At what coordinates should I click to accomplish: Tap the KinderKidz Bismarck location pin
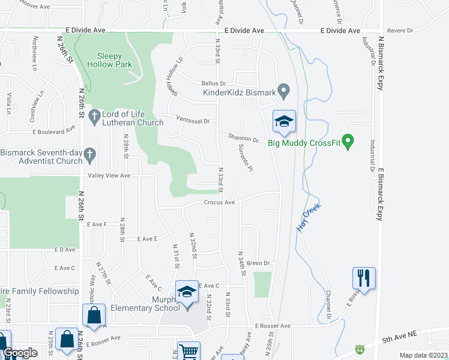coord(285,92)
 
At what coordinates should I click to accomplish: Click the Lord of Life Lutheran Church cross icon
coord(94,115)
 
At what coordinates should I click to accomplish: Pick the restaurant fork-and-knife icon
coord(364,278)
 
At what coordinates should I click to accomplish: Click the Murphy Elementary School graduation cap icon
coord(187,292)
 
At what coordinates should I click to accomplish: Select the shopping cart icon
coord(189,351)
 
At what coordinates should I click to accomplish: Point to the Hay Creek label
coord(309,218)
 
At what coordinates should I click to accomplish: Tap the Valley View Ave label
coord(109,175)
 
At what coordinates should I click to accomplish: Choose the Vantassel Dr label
coord(193,121)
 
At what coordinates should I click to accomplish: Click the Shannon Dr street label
coord(243,139)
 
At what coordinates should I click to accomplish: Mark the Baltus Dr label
coord(213,84)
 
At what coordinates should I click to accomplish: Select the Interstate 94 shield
coord(360,349)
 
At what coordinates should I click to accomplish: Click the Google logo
coord(20,353)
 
